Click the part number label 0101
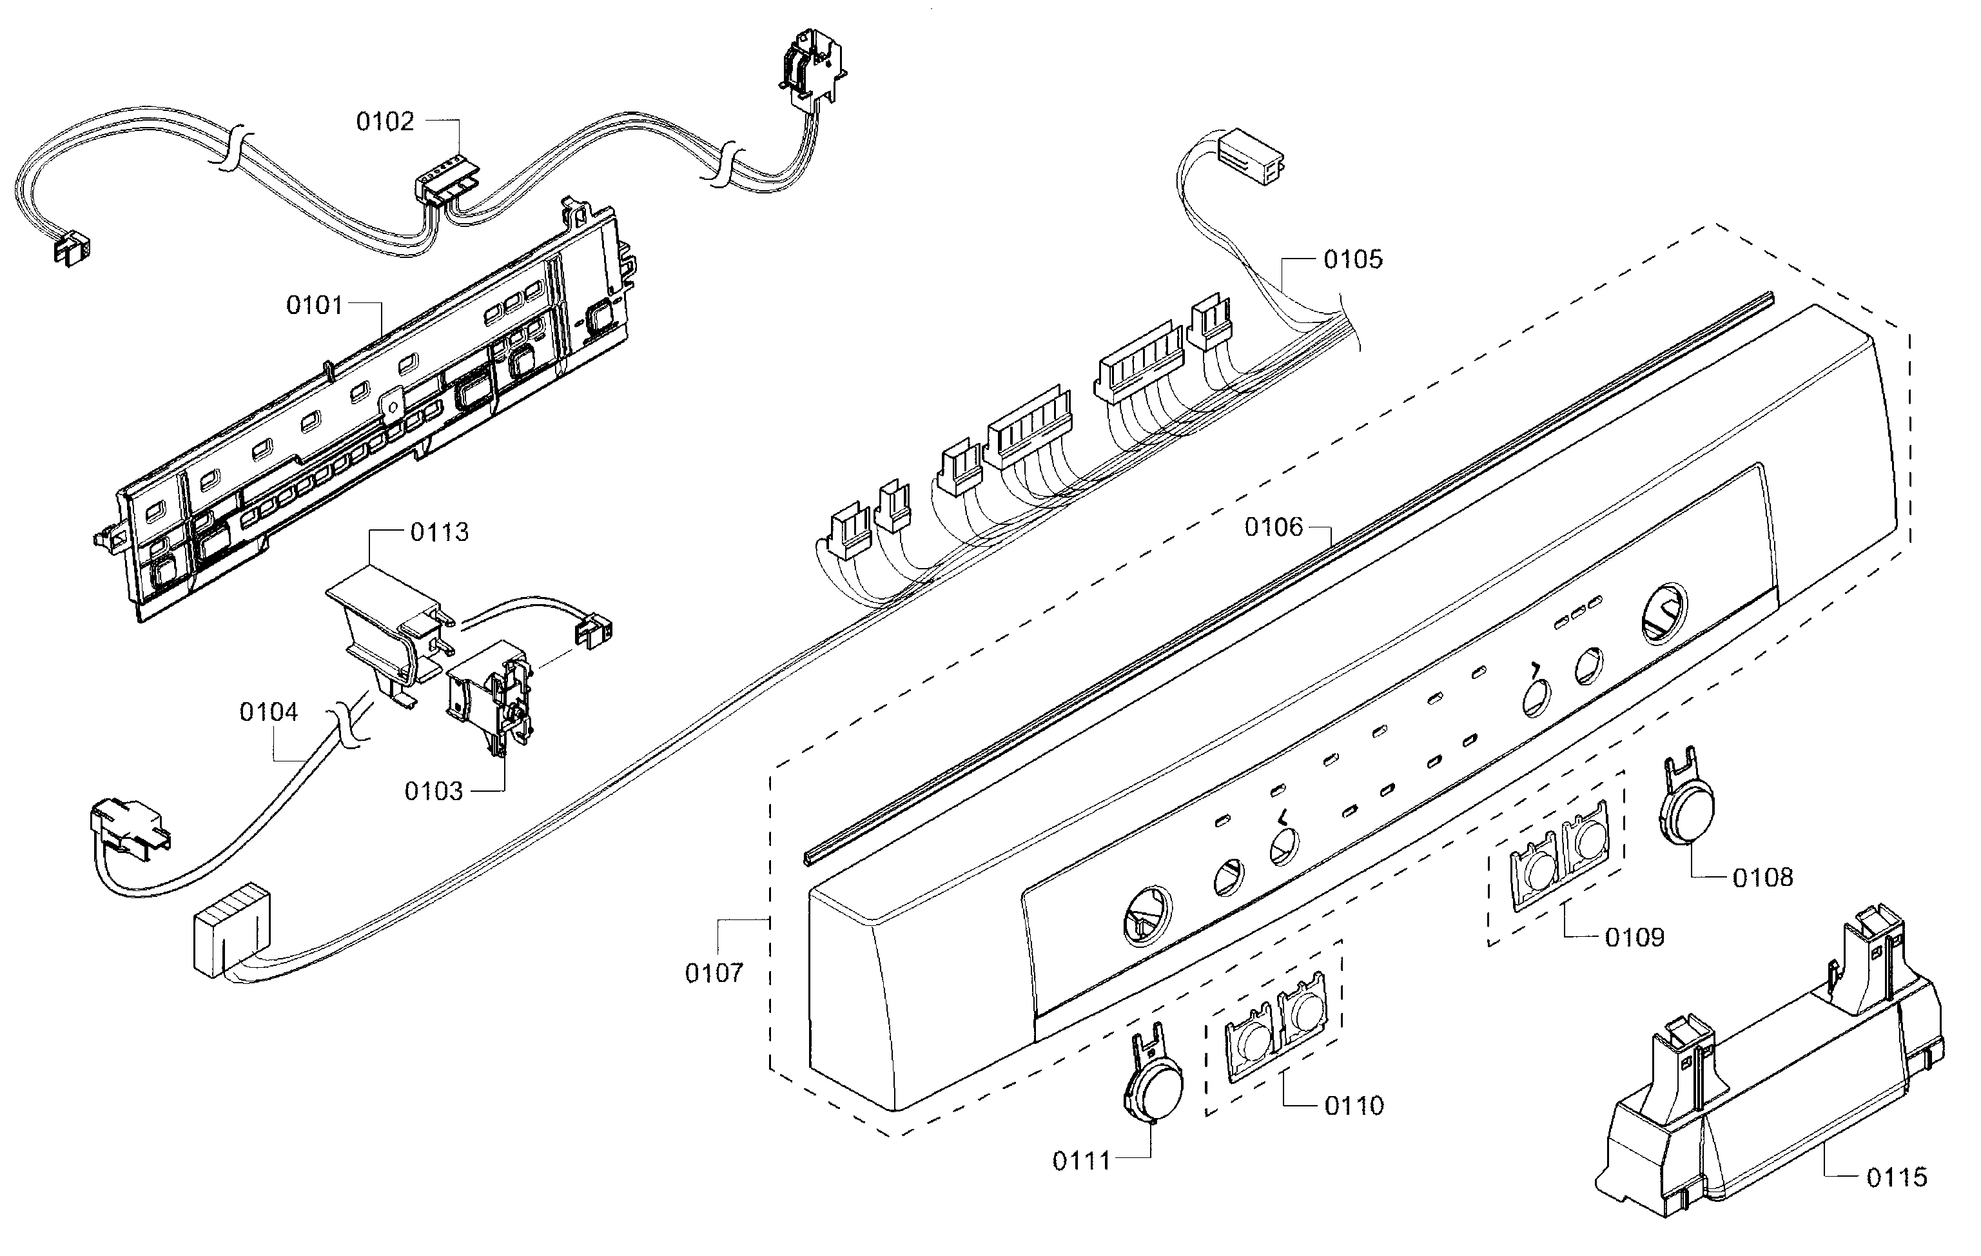[x=314, y=306]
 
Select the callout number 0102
[x=384, y=122]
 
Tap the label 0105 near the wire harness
[x=1352, y=259]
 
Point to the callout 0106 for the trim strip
[x=1274, y=527]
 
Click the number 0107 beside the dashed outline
[x=714, y=973]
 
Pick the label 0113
[x=439, y=532]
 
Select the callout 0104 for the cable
[x=268, y=712]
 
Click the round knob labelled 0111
[x=1153, y=1087]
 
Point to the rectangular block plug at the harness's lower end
[x=229, y=931]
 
